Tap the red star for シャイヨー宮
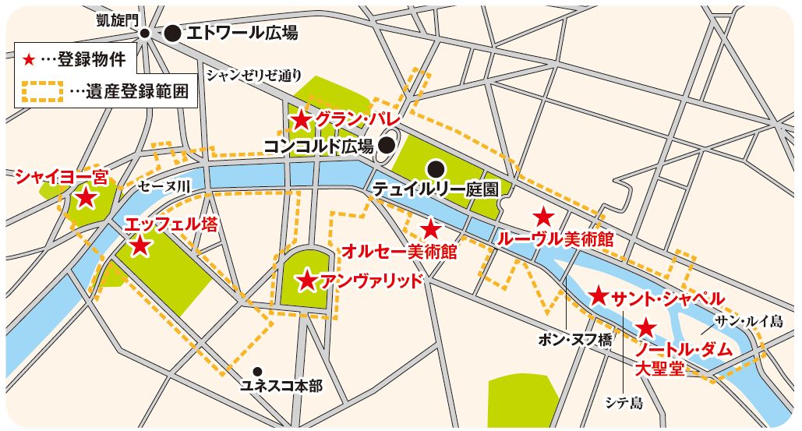pos(85,198)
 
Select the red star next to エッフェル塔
pos(140,246)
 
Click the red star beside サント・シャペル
pos(598,295)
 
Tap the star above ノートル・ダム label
pos(646,327)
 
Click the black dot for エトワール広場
pos(171,33)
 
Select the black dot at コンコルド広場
pos(386,145)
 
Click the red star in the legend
pos(30,58)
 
